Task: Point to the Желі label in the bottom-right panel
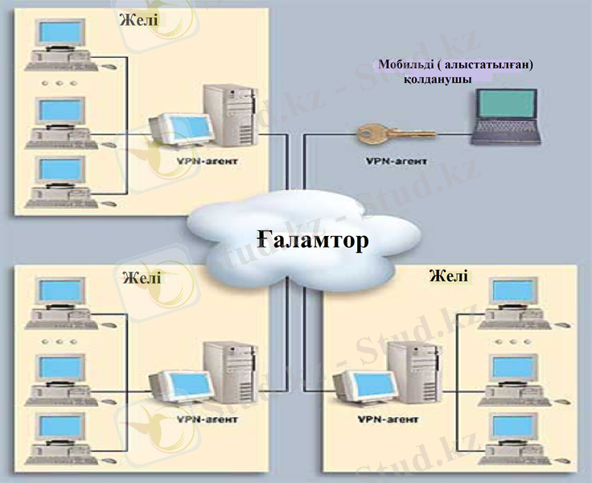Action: [448, 276]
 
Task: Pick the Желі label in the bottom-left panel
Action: [142, 278]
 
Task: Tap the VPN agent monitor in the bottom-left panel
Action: [183, 389]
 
